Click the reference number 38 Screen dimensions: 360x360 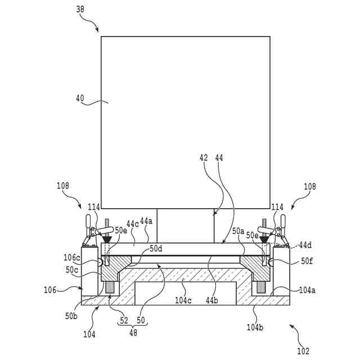[80, 10]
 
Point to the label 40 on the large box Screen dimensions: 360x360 [80, 98]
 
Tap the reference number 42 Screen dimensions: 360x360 [204, 159]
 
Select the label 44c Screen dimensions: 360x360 [133, 223]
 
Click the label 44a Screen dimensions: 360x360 [146, 221]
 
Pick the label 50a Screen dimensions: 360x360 [238, 231]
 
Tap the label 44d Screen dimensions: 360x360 [305, 245]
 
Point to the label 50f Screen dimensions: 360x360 [307, 260]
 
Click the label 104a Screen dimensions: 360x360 [307, 290]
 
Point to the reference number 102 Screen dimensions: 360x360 [303, 351]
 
